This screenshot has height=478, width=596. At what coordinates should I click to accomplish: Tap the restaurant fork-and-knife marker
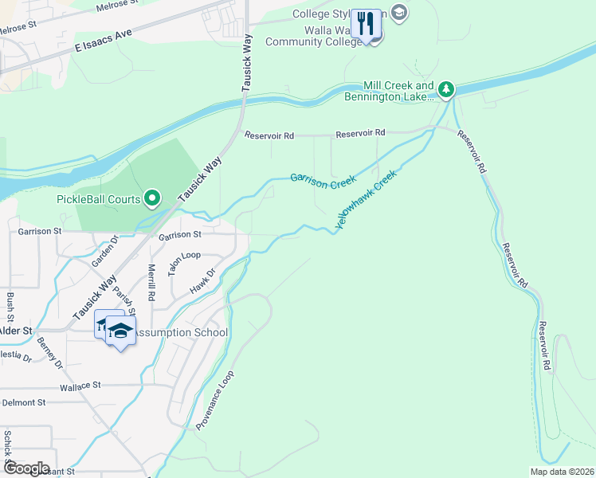pos(367,24)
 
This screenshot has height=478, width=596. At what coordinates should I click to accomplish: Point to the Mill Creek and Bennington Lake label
pos(388,92)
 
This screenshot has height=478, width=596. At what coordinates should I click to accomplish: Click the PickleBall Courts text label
pos(98,199)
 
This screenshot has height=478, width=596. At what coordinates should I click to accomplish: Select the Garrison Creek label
pos(323,181)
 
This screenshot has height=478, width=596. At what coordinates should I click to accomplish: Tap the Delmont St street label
pos(24,403)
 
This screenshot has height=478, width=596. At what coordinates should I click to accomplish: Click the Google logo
pos(25,468)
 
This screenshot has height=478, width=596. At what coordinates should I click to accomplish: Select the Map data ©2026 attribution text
pos(561,472)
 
